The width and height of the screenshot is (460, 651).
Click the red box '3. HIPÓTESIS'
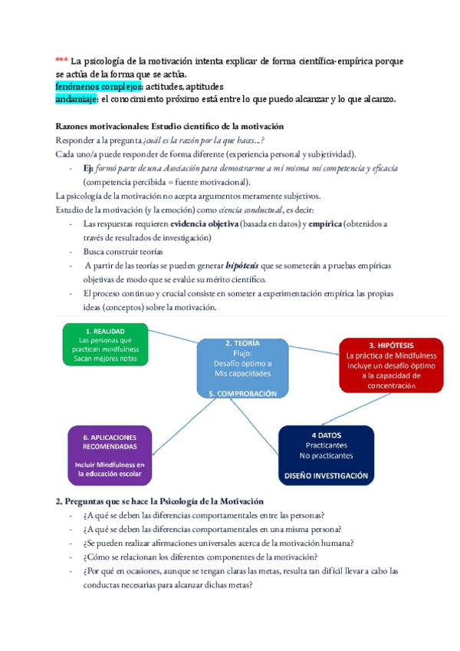coord(390,365)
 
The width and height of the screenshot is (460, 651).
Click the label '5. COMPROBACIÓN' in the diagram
coord(242,392)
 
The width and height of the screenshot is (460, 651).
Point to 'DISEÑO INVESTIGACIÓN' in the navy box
coord(326,476)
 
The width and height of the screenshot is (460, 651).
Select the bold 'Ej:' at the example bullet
coord(89,168)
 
